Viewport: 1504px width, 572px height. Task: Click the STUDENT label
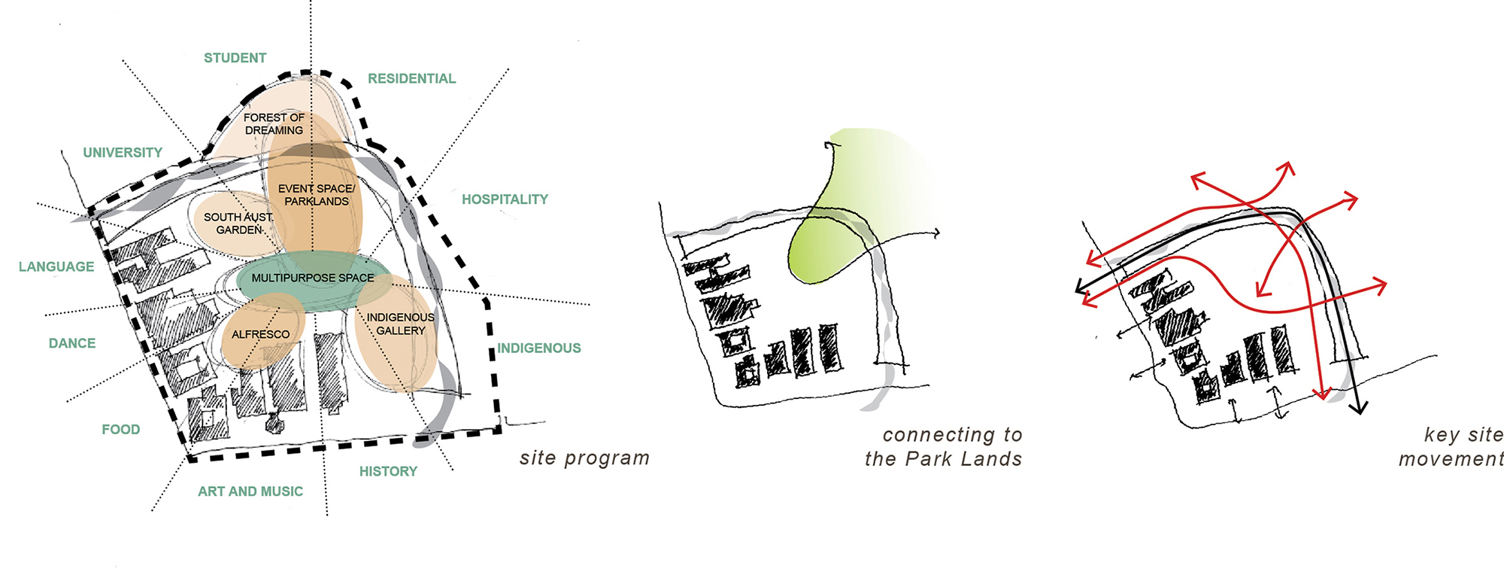pos(235,58)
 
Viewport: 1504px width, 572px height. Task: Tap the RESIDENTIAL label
pos(411,78)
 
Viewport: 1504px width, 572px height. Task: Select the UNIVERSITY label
pos(123,153)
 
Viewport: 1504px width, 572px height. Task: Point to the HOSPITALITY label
pos(505,199)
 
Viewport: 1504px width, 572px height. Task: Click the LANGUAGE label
pos(56,266)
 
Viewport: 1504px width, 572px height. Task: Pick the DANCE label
pos(72,343)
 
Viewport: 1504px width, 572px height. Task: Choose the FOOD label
pos(121,429)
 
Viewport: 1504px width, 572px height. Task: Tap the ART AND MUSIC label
pos(250,491)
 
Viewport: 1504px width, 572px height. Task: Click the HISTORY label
pos(388,471)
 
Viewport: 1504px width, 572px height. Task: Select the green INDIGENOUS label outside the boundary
pos(539,348)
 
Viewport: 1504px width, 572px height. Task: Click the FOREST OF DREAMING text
pos(274,124)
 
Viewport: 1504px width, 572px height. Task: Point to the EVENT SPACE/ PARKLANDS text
pos(317,195)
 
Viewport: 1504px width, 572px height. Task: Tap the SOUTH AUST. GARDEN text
pos(238,224)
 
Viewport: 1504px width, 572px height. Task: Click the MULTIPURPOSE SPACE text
pos(313,278)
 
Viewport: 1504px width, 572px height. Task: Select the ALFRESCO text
pos(260,334)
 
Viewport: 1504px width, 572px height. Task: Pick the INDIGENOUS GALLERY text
pos(400,324)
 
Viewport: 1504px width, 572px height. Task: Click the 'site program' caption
pos(584,458)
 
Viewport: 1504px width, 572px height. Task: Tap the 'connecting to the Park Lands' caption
pos(944,446)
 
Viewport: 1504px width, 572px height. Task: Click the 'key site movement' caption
pos(1451,446)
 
